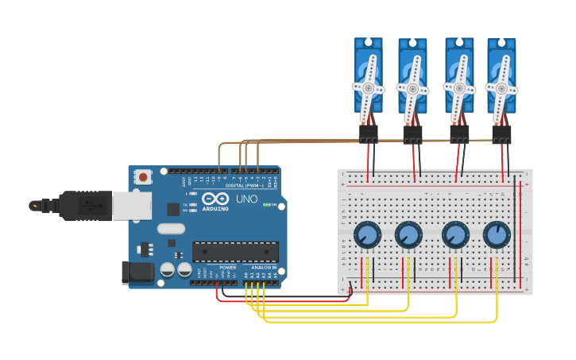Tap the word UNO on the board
pos(246,199)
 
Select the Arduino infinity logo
pos(214,199)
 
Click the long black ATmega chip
pos(235,252)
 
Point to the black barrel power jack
pos(137,273)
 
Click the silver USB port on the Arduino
pos(131,206)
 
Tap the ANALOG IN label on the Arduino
pos(264,268)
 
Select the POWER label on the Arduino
pos(228,268)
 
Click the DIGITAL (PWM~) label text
pos(245,185)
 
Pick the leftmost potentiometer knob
pos(367,234)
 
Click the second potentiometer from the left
pos(408,234)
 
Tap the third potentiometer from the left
pos(455,234)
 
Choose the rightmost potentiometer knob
pos(497,234)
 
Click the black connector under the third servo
pos(459,134)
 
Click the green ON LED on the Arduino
pos(265,205)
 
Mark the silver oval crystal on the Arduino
pos(171,229)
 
